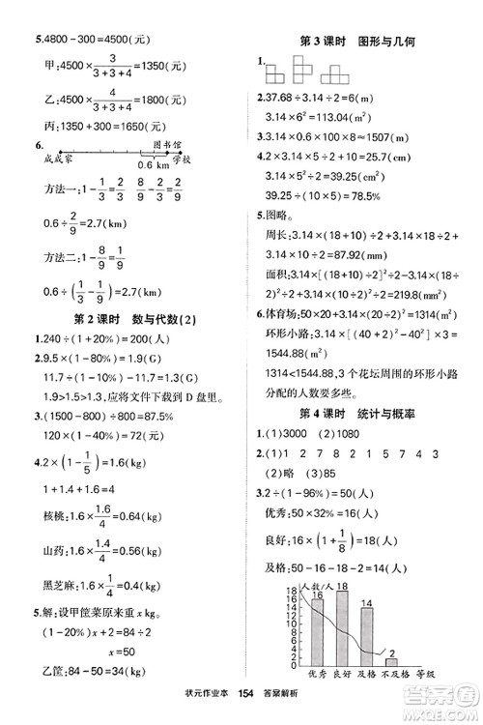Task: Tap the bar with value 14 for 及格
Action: pos(366,666)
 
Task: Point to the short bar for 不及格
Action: pos(392,688)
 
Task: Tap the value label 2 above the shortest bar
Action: pos(394,679)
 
